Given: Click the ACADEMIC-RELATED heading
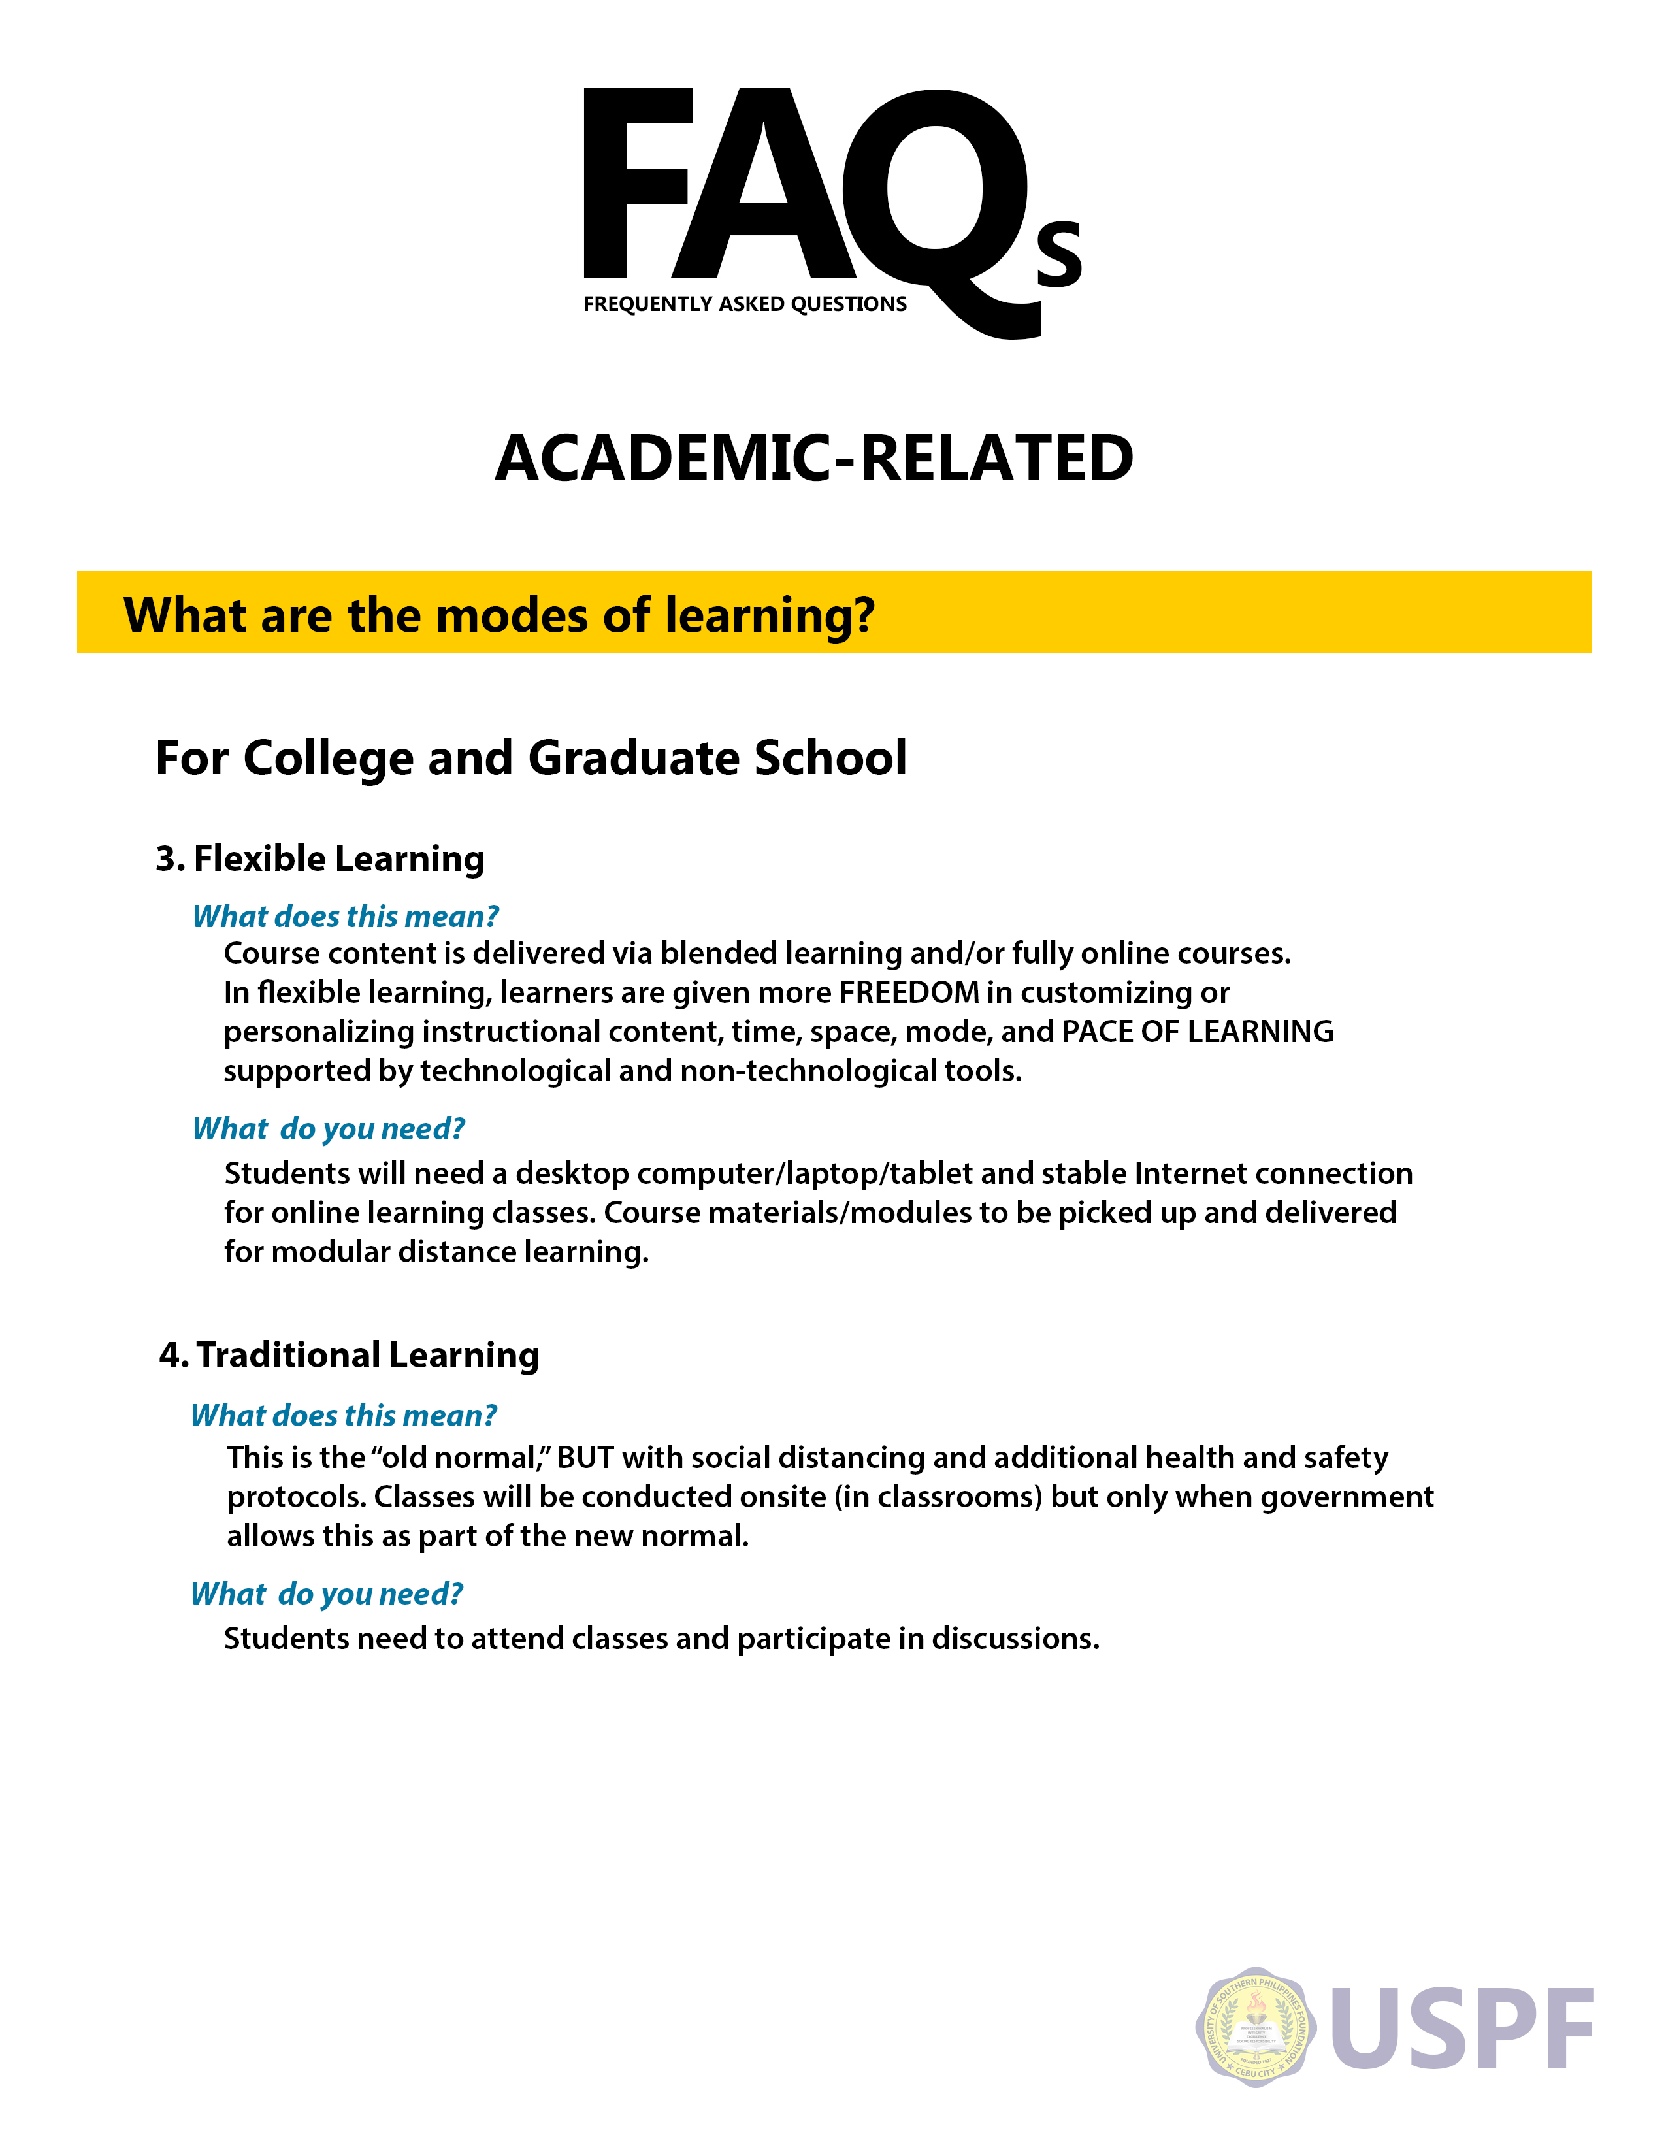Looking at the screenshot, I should coord(814,459).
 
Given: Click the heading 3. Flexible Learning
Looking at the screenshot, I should coord(319,859).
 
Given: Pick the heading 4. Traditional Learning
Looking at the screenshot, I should coord(350,1356).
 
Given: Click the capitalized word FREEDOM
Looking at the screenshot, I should coord(909,992).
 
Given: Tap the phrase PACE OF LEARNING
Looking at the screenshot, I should coord(1197,1032).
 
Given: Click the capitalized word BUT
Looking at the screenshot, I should coord(585,1458).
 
